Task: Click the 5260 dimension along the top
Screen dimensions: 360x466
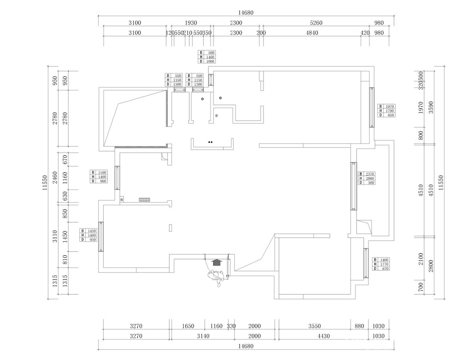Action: tap(316, 23)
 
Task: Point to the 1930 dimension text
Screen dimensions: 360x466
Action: tap(191, 23)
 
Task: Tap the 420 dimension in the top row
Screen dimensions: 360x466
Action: tap(365, 33)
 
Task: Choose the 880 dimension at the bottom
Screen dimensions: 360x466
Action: tap(359, 326)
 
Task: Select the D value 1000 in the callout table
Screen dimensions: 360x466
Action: tap(211, 62)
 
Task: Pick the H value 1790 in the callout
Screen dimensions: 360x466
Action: tap(389, 111)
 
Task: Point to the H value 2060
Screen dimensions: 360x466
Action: tap(370, 178)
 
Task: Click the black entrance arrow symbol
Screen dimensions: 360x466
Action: tap(217, 262)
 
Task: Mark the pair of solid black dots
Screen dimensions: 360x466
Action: tap(210, 142)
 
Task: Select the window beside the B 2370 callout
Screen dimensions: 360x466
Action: tap(353, 186)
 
